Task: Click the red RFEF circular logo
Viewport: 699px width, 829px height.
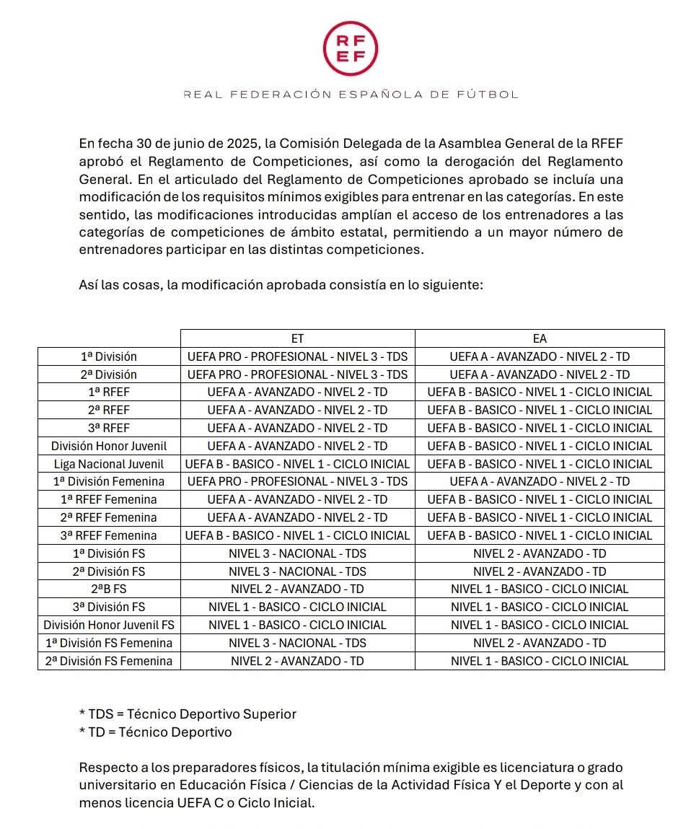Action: click(350, 48)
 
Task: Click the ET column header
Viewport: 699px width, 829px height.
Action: click(297, 338)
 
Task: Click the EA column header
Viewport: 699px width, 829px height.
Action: click(539, 338)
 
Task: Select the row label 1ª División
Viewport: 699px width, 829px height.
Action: click(109, 356)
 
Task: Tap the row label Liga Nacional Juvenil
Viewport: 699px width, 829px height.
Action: click(109, 464)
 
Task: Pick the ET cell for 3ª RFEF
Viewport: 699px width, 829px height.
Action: click(297, 428)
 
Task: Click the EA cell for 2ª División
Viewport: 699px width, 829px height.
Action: click(539, 374)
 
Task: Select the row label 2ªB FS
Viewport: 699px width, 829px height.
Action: click(109, 589)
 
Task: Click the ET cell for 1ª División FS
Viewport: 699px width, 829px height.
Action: click(297, 553)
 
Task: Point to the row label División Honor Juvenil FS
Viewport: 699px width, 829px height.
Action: click(109, 625)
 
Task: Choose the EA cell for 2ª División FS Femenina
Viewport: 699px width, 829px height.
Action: click(539, 660)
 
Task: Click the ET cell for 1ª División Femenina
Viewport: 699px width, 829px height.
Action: click(297, 481)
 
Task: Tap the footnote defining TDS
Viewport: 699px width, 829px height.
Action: click(188, 714)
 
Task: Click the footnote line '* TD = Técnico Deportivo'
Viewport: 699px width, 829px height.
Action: click(156, 732)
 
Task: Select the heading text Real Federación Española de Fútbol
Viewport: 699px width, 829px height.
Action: click(351, 95)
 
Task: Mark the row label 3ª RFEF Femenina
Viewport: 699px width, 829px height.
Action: click(109, 535)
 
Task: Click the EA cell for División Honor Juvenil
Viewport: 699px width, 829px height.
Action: click(539, 446)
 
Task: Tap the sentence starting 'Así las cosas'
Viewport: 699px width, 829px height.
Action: click(280, 285)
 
